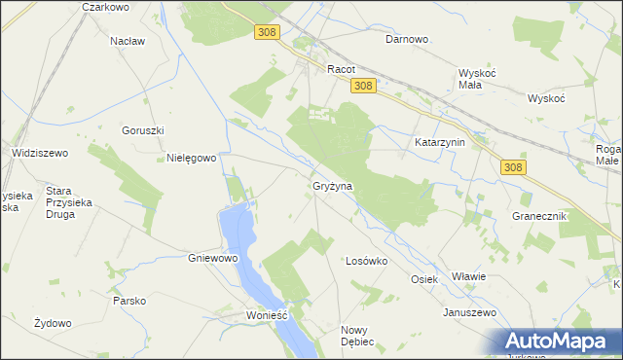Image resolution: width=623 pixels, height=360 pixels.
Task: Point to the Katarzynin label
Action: tap(441, 142)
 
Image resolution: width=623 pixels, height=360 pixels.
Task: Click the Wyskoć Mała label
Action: tap(477, 79)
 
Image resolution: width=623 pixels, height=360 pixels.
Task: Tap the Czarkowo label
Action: tap(106, 7)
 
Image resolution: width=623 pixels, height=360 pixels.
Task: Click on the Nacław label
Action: tap(128, 41)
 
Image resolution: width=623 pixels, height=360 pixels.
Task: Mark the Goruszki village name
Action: tap(142, 130)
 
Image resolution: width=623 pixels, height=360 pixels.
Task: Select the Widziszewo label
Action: tap(39, 153)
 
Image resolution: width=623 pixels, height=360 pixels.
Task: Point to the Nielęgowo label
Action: tap(191, 158)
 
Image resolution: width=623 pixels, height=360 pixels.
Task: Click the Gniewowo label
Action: tap(212, 259)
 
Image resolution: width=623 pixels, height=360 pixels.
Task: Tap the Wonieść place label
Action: tap(268, 316)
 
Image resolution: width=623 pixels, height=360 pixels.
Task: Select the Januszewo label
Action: tap(470, 312)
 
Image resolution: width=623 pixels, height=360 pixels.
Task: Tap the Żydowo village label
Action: tap(54, 323)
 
